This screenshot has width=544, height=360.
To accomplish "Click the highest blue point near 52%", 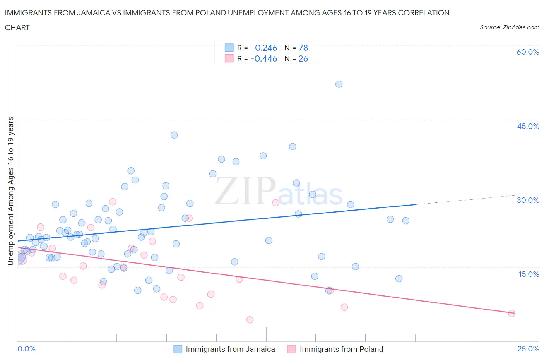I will pos(339,84).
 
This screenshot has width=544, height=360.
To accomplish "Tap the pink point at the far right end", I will pos(511,314).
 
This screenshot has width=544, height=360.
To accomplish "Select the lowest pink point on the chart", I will pos(250,320).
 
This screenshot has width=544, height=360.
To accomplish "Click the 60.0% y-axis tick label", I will pos(528,52).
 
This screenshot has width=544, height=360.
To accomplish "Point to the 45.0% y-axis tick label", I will pos(528,126).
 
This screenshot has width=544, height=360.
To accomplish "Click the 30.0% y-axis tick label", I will pos(528,200).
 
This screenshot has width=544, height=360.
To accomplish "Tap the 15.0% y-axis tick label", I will pos(528,274).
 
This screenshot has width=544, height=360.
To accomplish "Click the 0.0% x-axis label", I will pos(27,349).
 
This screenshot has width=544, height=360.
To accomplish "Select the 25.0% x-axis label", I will pos(528,349).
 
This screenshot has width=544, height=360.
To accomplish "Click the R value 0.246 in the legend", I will pos(266,48).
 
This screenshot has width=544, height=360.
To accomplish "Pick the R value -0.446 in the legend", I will pos(264,58).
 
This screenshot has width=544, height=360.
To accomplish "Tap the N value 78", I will pos(303,48).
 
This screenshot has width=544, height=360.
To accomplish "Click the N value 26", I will pos(303,58).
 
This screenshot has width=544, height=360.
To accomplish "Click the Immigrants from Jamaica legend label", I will pos(230,349).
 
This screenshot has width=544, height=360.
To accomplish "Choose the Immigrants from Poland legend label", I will pos(341,349).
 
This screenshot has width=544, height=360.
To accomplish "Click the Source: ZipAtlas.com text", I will pos(509,27).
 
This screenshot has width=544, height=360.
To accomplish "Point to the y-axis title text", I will pos(10,191).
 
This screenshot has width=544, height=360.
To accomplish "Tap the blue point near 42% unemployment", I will pos(174,135).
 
